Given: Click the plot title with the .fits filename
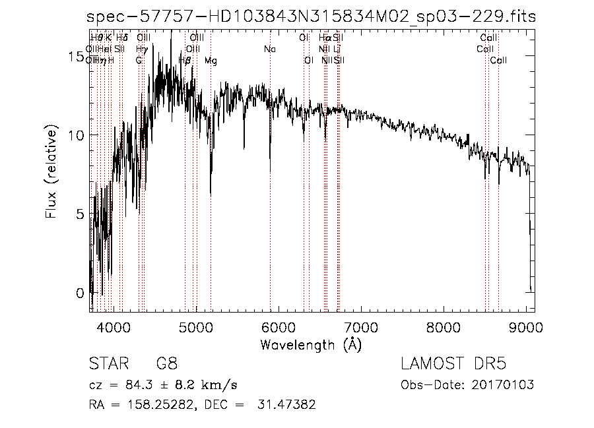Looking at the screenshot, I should [312, 17].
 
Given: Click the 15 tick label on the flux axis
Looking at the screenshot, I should [76, 59].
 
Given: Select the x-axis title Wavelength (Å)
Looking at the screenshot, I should [311, 344].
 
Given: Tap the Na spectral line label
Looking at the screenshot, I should [269, 49].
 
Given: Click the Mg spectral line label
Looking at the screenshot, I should [211, 61].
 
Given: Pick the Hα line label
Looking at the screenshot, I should [324, 38].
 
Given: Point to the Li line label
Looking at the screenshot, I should [337, 49].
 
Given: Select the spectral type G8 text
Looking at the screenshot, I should [166, 364].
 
